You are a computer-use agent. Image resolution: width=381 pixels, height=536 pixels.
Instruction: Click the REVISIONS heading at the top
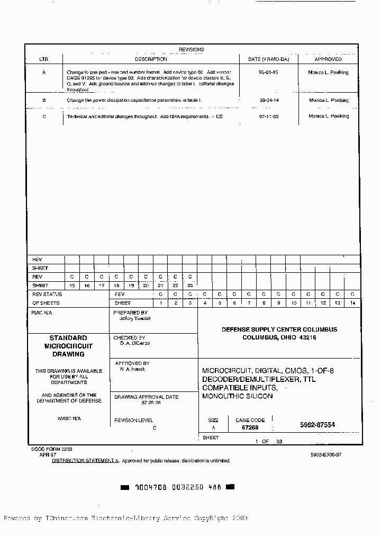[x=191, y=49]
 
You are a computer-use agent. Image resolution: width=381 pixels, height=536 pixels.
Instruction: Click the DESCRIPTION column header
[x=151, y=59]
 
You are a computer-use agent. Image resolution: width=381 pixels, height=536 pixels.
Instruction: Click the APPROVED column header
[x=328, y=59]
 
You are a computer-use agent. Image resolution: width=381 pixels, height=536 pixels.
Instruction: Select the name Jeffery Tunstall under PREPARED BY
[x=135, y=318]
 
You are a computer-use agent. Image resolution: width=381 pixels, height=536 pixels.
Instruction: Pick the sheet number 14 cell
[x=352, y=303]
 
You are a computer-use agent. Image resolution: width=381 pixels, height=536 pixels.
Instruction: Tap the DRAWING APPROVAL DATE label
[x=147, y=397]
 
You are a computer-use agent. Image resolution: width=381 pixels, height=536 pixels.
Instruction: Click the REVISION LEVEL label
[x=134, y=420]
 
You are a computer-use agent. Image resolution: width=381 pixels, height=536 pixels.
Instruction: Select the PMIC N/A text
[x=42, y=313]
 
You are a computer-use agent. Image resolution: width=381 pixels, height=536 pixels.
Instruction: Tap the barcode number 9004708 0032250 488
[x=178, y=487]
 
